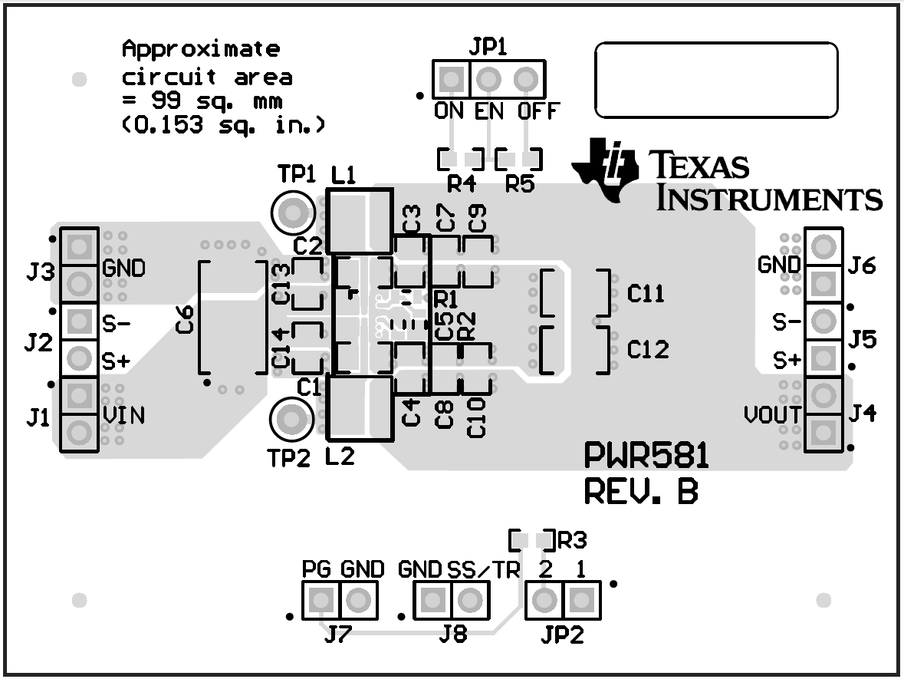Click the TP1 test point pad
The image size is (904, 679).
pos(291,211)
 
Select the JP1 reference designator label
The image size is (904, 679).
pos(487,48)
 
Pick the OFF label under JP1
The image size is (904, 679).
pos(538,111)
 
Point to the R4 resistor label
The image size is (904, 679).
pos(461,184)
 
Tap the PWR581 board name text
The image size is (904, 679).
pos(646,457)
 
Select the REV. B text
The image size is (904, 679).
pos(641,492)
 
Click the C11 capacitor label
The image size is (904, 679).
pos(647,293)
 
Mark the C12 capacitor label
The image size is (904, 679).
pos(648,350)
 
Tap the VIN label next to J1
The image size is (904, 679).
pos(124,416)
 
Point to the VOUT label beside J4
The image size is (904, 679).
pos(772,416)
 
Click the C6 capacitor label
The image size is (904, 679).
pos(185,325)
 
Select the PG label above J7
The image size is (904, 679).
pos(318,569)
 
